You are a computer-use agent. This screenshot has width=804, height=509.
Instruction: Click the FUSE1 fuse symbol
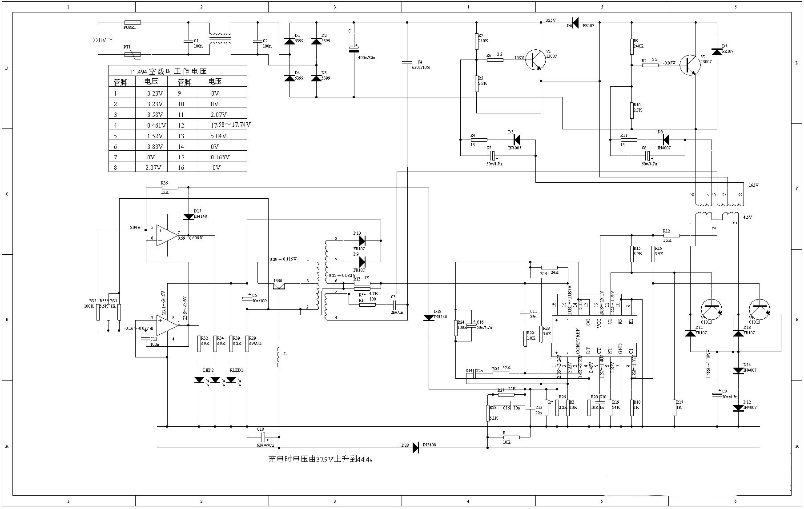tap(133, 22)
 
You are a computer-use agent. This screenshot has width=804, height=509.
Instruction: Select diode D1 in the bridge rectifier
tap(290, 41)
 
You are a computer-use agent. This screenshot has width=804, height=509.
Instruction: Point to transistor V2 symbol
tap(689, 65)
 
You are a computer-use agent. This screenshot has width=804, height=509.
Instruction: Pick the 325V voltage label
tap(551, 20)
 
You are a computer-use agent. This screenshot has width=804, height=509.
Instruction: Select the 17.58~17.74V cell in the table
tap(230, 125)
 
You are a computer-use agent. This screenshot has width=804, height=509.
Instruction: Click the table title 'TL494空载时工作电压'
tap(168, 71)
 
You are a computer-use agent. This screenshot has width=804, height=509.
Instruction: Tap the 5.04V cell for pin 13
tap(219, 136)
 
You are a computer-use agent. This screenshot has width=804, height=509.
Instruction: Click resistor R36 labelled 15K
tap(169, 188)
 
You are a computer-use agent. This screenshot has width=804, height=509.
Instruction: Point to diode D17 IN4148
tap(189, 217)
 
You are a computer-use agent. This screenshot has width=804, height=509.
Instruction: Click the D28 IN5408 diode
tap(416, 448)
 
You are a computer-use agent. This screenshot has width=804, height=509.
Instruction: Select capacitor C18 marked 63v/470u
tap(263, 437)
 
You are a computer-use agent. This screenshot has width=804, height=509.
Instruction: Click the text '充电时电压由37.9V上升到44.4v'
tap(320, 459)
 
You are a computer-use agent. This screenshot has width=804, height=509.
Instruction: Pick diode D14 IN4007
tap(738, 370)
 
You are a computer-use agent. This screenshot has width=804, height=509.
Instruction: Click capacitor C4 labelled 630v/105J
tap(407, 63)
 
